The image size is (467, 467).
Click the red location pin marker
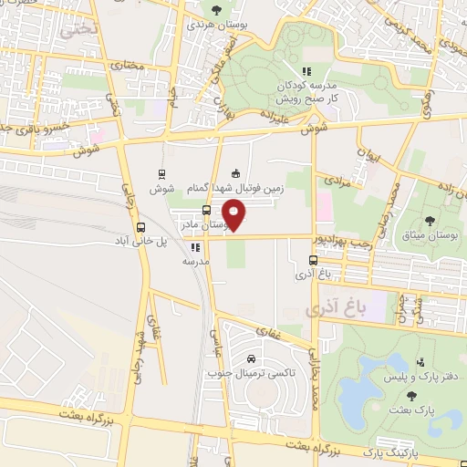coord(235,214)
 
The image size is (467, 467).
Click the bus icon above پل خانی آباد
coord(140,228)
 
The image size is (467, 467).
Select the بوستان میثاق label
coord(431,236)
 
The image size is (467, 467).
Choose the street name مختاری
coord(128,65)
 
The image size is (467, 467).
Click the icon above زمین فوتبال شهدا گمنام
coord(236,173)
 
